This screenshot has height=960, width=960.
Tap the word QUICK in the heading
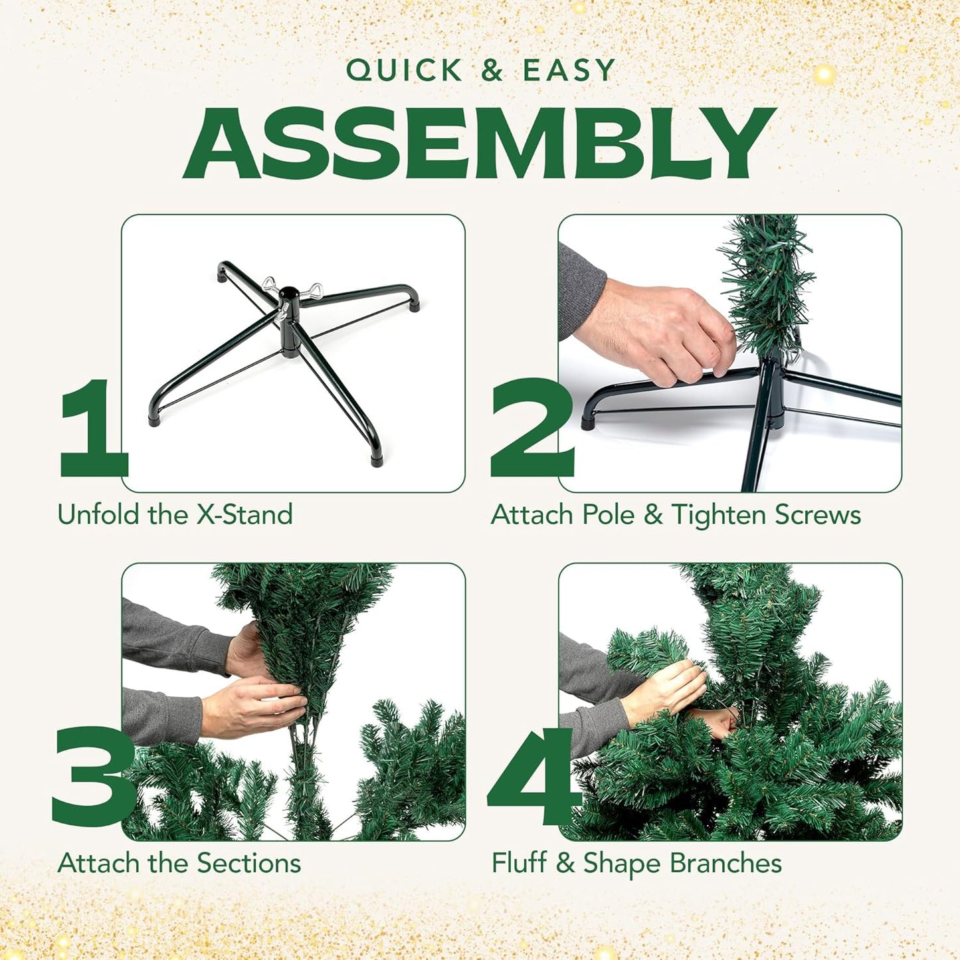click(404, 70)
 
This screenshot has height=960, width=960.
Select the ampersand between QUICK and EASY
click(492, 70)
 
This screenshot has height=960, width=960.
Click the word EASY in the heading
click(569, 70)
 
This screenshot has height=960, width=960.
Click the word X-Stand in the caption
click(244, 515)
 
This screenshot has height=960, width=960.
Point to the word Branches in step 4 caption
click(725, 863)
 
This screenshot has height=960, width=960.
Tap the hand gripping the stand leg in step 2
click(658, 332)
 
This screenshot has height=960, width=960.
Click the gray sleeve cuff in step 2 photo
click(581, 292)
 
